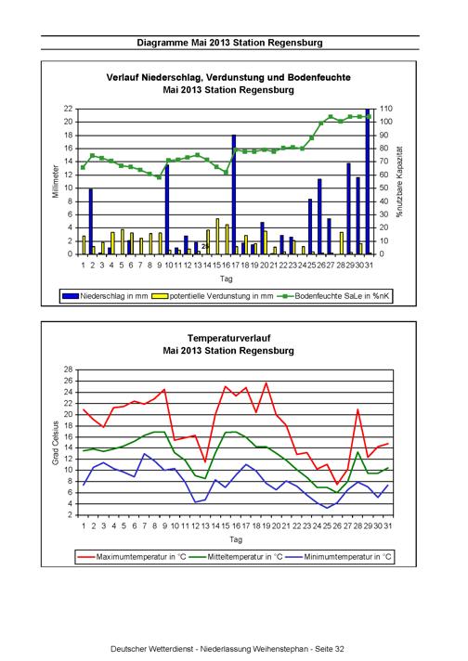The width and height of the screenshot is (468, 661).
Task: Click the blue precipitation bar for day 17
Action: pos(234,194)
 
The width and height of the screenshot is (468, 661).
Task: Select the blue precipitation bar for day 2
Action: pos(91,222)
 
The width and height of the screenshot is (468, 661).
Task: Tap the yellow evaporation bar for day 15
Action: pos(217,237)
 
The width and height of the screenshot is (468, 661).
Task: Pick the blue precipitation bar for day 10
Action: pos(167,210)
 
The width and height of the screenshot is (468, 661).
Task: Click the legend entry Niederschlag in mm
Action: pos(105,296)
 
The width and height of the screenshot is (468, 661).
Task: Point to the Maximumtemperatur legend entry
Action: pos(132,557)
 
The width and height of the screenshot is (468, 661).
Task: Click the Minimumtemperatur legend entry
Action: pos(338,557)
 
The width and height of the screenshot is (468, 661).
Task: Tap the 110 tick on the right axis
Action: pos(386,109)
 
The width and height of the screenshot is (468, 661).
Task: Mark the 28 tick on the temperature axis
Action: pos(69,369)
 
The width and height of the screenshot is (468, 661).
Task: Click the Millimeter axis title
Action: pos(56,181)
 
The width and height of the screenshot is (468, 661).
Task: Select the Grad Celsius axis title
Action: pos(55,443)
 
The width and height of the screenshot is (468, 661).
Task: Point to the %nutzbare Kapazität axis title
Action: pos(399,182)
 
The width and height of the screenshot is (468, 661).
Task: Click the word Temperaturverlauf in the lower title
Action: pos(229,338)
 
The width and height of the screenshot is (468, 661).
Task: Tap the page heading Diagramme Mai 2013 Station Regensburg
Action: pos(229,43)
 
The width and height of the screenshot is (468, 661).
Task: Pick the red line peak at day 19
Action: pos(266,382)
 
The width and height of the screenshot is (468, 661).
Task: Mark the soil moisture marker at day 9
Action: pos(160,177)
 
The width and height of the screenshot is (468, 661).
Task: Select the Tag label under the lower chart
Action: pos(236,539)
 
